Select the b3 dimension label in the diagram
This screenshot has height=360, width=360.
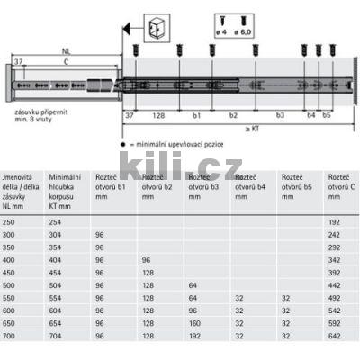click(x=280, y=116)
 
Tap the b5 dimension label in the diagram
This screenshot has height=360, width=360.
click(x=326, y=116)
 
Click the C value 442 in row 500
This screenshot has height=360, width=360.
click(x=336, y=283)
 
